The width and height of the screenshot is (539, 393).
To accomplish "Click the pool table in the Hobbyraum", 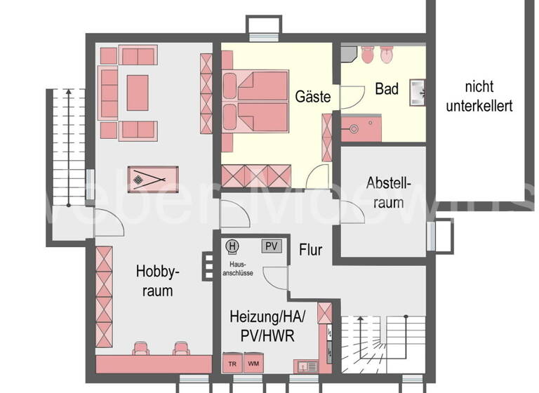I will pos(154,180).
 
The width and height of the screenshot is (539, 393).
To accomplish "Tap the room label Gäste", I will pos(312,97).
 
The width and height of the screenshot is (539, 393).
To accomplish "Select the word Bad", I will pos(387,89).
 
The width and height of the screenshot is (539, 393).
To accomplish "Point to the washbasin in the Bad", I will pos(420,90).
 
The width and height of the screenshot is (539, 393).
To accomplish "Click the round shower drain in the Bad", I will pos(355,129).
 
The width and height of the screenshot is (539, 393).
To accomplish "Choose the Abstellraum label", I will pos(385,192).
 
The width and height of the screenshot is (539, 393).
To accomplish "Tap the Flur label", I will pos(310,249).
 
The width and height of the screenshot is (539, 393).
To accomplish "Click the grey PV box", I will pos(271,246).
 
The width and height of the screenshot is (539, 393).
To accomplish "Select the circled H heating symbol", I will pos(233,246).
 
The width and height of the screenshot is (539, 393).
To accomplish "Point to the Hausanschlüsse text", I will pos(237,269).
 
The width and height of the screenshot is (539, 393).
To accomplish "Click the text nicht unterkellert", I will pos(488,97).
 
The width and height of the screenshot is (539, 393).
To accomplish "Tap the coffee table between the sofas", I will pos(137,93).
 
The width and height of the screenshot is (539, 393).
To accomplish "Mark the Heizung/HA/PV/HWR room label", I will pos(262,326).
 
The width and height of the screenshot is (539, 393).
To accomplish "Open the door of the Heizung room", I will pos(276,279).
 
